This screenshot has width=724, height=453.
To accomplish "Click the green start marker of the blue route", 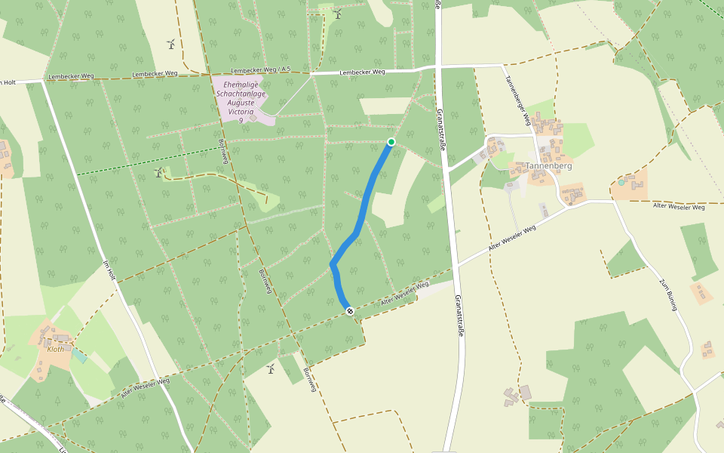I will pos(391,142).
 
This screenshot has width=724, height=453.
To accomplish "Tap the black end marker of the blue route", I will pos(350,311).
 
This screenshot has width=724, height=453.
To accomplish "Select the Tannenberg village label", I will pos(548,166).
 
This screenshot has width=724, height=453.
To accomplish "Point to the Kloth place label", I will pos(56,349).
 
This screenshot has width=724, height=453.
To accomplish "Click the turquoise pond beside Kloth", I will pos(78,356).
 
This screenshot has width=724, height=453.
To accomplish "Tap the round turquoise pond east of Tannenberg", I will pos(621,183).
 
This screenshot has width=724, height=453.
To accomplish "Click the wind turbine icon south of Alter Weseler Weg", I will pos(271,368).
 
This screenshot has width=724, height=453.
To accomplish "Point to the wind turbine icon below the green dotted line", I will pos(159,173).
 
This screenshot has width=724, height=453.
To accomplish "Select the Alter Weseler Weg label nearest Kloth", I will pos(146,387).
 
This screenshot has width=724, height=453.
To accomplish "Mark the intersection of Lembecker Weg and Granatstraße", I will pos(437,69).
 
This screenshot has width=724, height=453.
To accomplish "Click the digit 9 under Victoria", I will pos(241,121).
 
